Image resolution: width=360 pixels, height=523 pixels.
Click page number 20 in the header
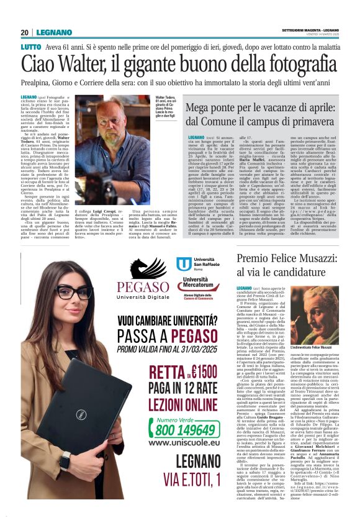coord(25,32)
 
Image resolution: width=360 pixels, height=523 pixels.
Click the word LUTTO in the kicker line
coord(30,47)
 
